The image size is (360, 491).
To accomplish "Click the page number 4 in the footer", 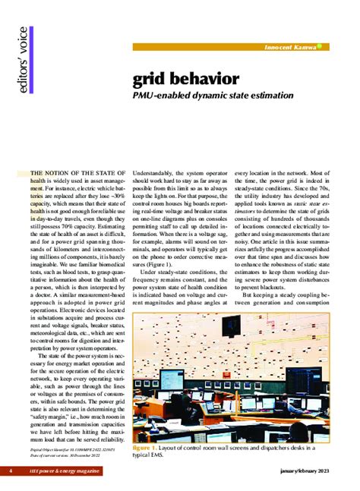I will pyautogui.click(x=11, y=471).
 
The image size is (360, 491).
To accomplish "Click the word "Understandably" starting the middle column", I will pyautogui.click(x=156, y=174).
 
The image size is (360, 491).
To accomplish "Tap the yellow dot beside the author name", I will pyautogui.click(x=320, y=46).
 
